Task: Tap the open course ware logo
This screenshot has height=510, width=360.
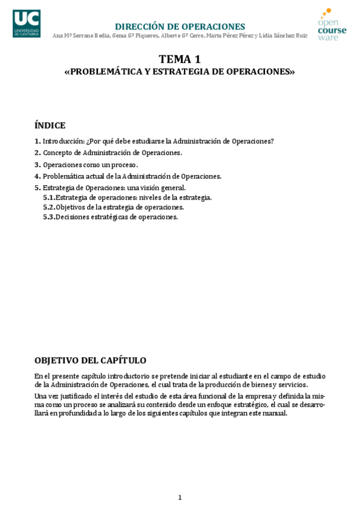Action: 332,25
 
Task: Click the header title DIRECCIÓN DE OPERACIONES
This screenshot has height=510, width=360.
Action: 180,26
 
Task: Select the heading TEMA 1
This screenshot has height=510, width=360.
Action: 179,59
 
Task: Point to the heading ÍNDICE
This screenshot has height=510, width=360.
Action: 50,125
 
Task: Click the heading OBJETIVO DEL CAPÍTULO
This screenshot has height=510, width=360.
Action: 90,360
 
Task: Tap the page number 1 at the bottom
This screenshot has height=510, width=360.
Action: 180,497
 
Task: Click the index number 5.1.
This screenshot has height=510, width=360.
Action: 49,197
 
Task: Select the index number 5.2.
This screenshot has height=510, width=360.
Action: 49,207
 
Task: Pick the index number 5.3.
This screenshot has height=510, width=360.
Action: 49,217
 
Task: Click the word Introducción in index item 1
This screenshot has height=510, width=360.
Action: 63,141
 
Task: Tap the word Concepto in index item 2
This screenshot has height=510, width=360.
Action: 58,153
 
